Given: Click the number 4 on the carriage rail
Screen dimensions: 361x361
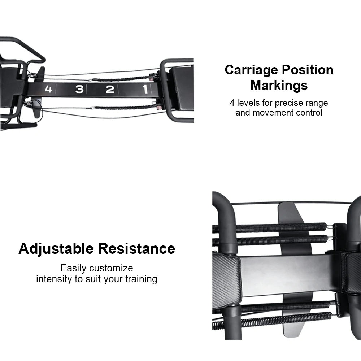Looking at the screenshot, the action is pyautogui.click(x=48, y=89).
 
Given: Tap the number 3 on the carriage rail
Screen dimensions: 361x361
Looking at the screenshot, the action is pyautogui.click(x=79, y=89).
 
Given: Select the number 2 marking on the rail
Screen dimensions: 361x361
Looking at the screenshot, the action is pyautogui.click(x=110, y=89).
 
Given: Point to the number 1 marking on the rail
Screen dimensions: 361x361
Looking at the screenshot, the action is pyautogui.click(x=145, y=89).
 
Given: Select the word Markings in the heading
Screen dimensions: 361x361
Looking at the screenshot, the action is pyautogui.click(x=279, y=86).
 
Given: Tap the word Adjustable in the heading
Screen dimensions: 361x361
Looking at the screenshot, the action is pyautogui.click(x=56, y=249).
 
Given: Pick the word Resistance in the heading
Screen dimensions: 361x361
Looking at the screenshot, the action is pyautogui.click(x=136, y=249).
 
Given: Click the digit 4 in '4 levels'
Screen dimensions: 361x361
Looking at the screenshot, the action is pyautogui.click(x=232, y=103).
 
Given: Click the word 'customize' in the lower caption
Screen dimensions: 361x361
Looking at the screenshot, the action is pyautogui.click(x=111, y=268).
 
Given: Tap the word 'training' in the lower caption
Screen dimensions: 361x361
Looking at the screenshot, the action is pyautogui.click(x=141, y=279).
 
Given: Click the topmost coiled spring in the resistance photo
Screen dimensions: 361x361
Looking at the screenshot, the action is pyautogui.click(x=269, y=227).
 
